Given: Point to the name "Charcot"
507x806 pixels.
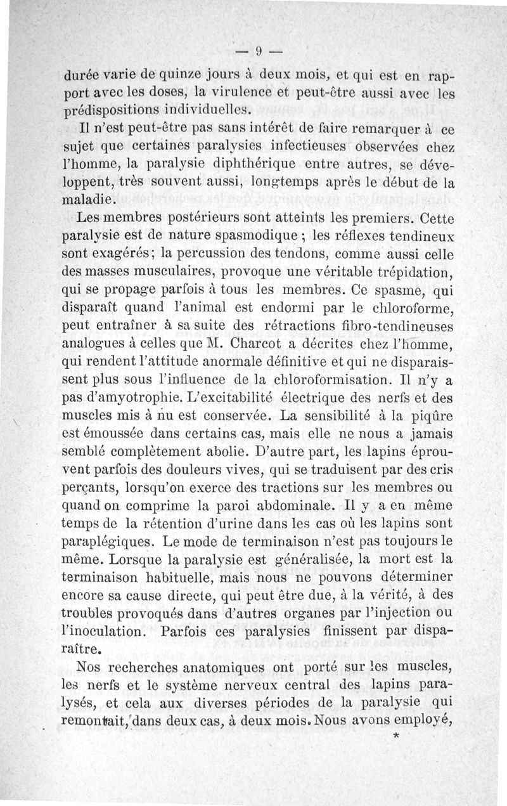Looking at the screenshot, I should click(254, 346).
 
